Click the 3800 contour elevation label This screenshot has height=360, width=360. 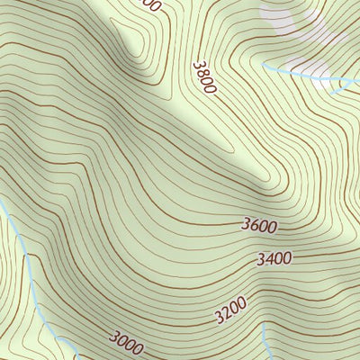tap(204, 78)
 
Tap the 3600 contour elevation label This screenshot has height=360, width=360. tap(259, 226)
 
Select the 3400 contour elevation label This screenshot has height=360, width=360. tap(274, 259)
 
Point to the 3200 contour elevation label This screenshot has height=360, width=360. tap(230, 311)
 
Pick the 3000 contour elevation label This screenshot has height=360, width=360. tap(126, 340)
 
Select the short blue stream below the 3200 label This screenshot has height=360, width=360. tap(267, 342)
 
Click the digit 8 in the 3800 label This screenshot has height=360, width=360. tap(202, 73)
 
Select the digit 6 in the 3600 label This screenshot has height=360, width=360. tap(254, 227)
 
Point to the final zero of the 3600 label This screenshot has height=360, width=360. tap(272, 225)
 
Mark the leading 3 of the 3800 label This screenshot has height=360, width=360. tap(197, 65)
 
